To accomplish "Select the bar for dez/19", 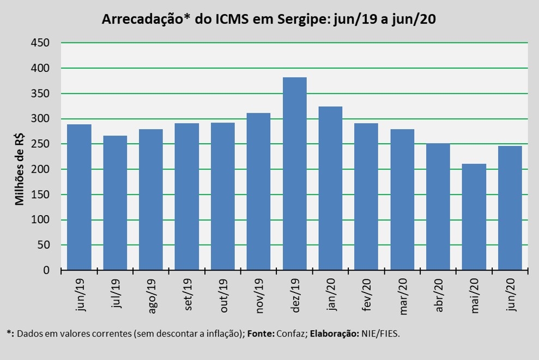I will point(294,174).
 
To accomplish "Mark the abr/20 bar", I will point(438,206).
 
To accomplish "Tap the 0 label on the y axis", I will point(46,270).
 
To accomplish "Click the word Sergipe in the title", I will point(299,20).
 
